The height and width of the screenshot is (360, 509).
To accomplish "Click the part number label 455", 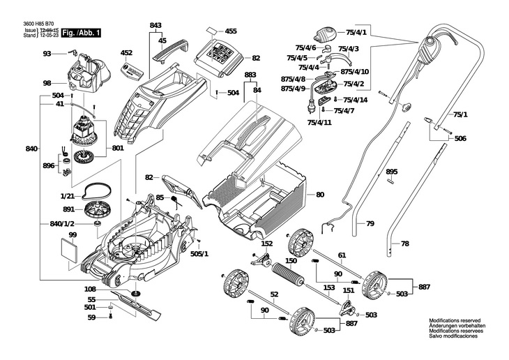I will point(231,31).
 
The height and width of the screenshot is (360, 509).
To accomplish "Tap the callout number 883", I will point(250,74).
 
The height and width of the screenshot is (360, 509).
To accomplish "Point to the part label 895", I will point(391,172).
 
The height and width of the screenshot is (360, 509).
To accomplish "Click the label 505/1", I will point(199,254).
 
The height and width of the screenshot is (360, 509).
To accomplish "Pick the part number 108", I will point(90,289).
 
